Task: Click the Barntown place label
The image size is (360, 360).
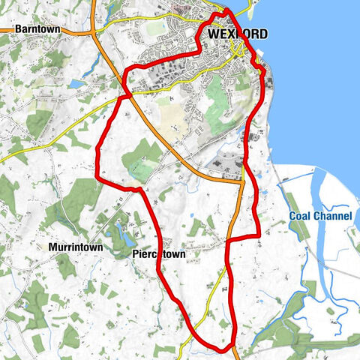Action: click(36, 28)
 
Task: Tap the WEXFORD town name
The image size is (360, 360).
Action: click(232, 34)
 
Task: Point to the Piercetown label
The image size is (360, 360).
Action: click(158, 254)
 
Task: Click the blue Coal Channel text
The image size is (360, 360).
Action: click(321, 217)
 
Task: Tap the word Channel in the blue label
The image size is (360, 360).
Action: click(333, 217)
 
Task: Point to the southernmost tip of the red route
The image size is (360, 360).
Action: click(222, 349)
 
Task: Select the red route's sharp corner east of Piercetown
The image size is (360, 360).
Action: click(259, 236)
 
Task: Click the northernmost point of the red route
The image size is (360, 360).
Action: click(225, 11)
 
